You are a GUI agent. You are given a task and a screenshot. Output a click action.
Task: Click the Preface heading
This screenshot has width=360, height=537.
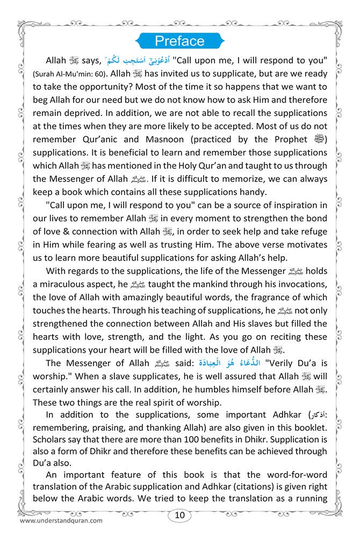[179, 41]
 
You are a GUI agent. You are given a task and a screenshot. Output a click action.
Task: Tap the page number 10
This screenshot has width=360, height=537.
[179, 516]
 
